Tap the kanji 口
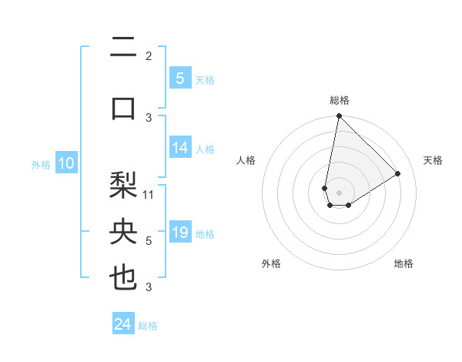[x=123, y=106]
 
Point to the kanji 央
[x=123, y=232]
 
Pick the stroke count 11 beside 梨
[x=149, y=194]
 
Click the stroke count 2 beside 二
[x=149, y=55]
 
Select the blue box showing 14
[x=180, y=148]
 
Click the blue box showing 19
[x=180, y=233]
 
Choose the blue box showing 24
[x=123, y=324]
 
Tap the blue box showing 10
[x=65, y=163]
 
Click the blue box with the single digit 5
[x=179, y=78]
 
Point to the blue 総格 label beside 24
[x=148, y=326]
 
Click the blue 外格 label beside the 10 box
[x=41, y=164]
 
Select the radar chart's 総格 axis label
[x=339, y=101]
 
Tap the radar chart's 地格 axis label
[x=403, y=263]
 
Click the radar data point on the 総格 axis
[x=339, y=116]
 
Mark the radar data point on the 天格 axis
[x=398, y=174]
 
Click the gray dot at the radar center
[x=339, y=191]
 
